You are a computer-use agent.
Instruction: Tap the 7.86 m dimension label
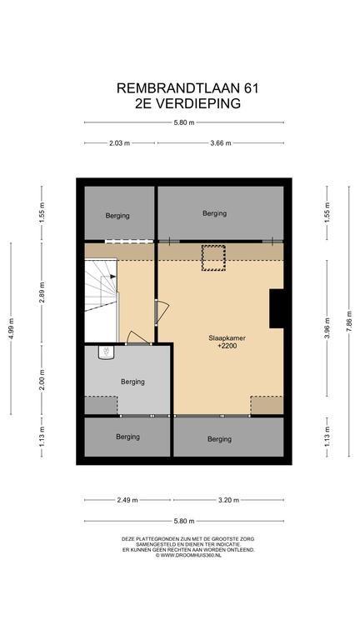point(349,321)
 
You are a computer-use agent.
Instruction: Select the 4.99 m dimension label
point(11,328)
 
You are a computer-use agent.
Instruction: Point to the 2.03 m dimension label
point(120,143)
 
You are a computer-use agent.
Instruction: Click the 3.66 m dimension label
point(221,143)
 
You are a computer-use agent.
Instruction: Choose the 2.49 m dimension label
point(127,500)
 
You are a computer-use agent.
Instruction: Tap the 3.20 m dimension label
point(228,500)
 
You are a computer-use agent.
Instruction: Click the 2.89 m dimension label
point(42,292)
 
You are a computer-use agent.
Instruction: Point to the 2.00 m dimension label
point(42,380)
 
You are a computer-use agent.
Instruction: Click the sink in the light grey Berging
point(107,352)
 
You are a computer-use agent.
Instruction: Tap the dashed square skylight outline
point(213,258)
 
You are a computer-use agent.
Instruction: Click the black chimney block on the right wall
point(277,308)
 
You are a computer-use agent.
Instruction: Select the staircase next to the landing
point(101,286)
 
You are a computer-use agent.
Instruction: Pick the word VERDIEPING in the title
point(197,103)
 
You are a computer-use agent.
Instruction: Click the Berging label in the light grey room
point(132,382)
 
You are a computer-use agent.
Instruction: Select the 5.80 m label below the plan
point(184,521)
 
